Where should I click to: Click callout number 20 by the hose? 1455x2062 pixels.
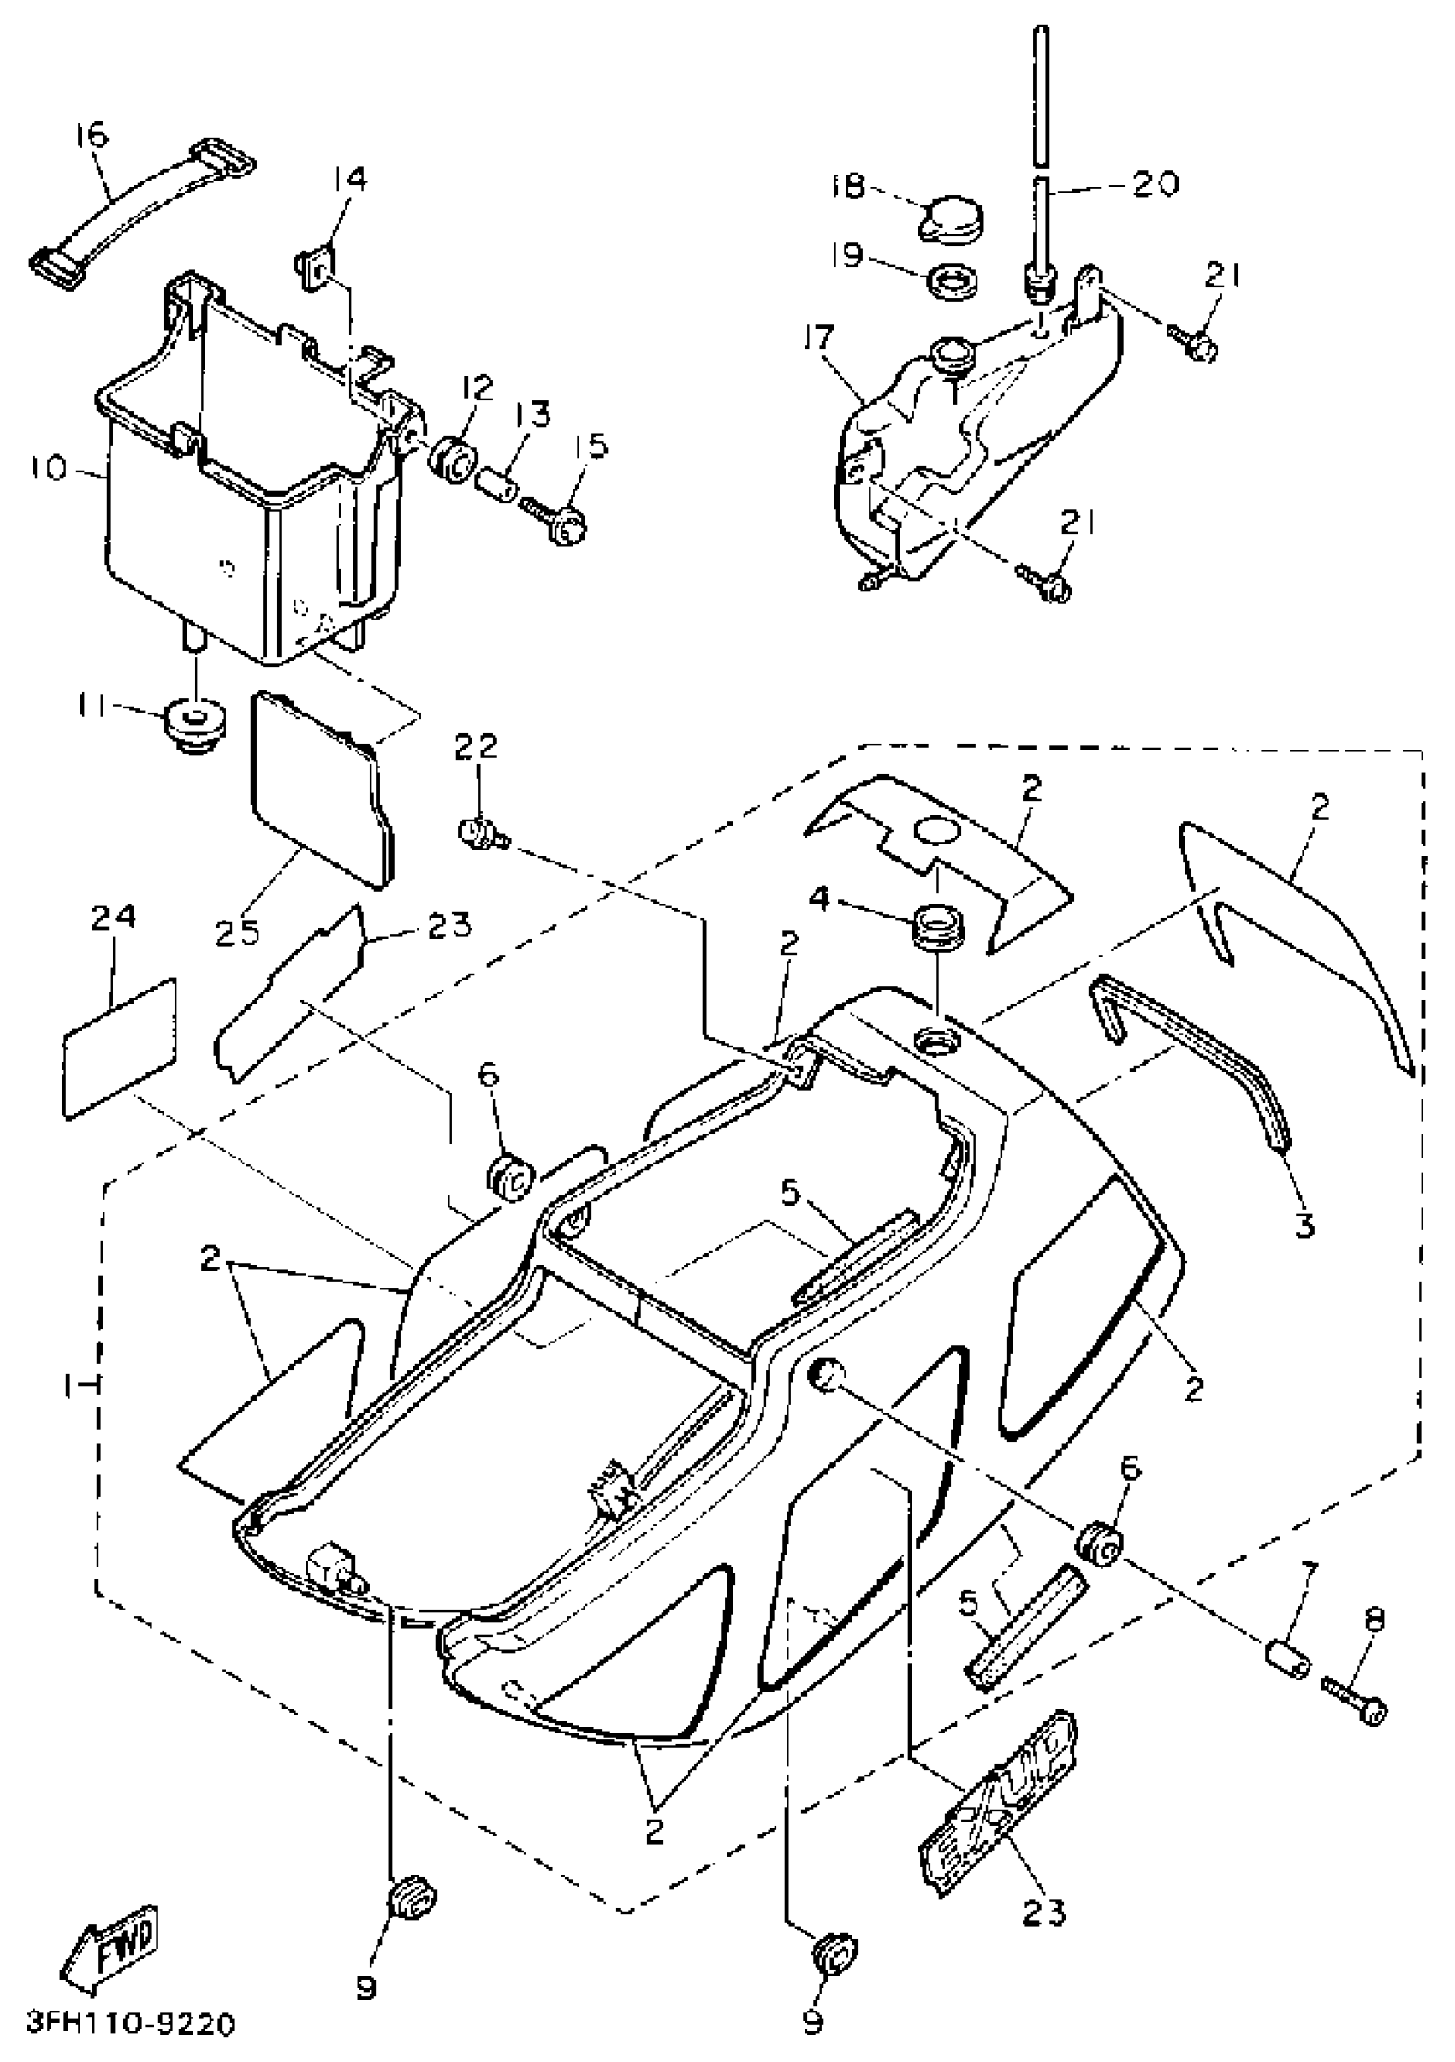1154,184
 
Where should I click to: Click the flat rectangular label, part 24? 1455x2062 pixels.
121,1049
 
